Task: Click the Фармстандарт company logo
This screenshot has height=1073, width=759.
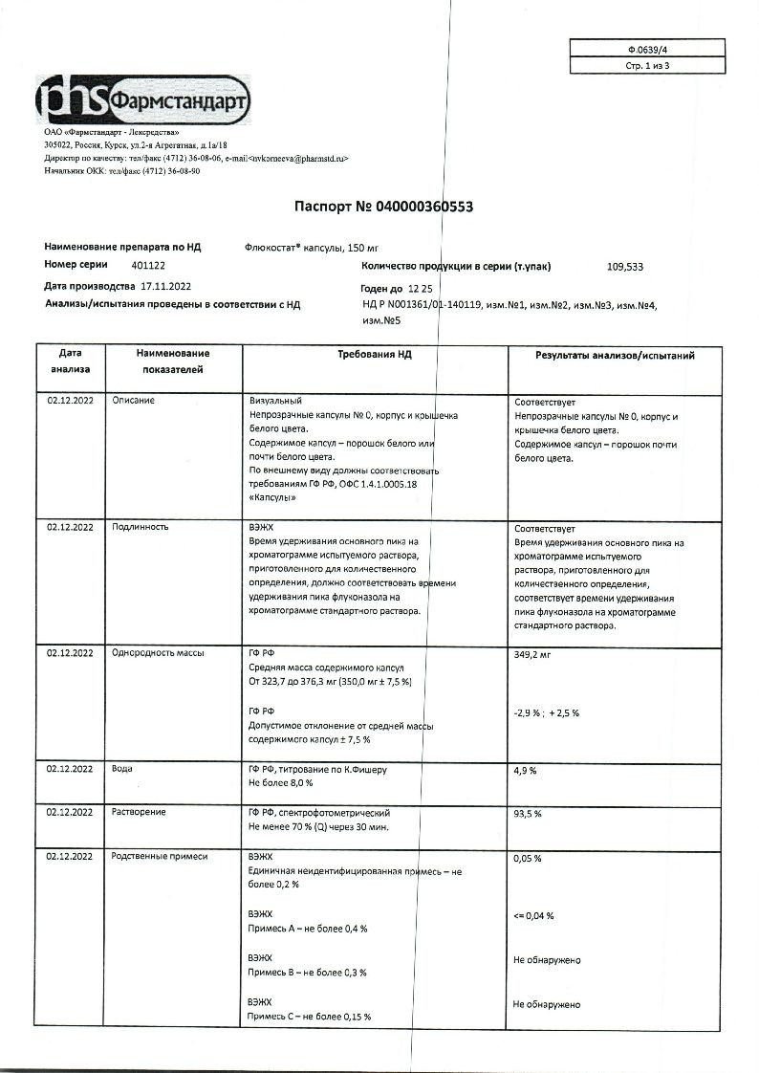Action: pos(144,99)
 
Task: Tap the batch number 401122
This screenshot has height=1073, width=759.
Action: pos(121,264)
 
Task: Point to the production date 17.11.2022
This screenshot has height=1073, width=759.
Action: pos(165,286)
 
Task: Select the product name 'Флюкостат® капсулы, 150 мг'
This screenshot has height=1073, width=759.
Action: pos(313,247)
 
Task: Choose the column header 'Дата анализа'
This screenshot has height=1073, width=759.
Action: pos(70,361)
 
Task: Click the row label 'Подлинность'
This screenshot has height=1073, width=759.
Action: pos(141,527)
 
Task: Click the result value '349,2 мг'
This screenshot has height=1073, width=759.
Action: pos(533,655)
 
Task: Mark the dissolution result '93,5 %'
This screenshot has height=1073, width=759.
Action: pos(529,814)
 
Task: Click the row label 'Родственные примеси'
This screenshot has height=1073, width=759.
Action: pos(160,857)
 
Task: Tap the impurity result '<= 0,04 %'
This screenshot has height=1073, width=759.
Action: pos(533,915)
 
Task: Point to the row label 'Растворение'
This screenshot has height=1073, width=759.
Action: pos(139,812)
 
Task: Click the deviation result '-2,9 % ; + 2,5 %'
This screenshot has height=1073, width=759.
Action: pos(547,712)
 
